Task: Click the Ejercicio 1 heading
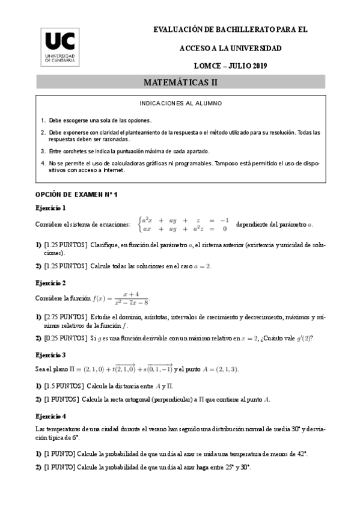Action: (x=50, y=208)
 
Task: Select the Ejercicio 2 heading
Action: (x=50, y=282)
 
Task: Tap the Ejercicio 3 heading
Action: (x=50, y=355)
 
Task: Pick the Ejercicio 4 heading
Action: (x=50, y=416)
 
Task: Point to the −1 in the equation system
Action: (x=224, y=220)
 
